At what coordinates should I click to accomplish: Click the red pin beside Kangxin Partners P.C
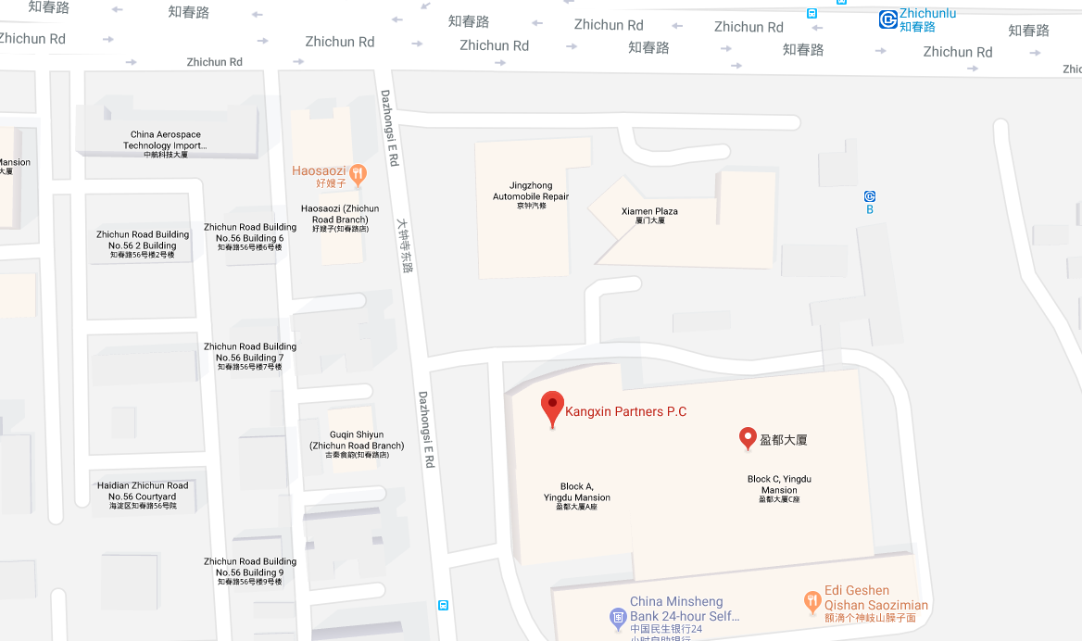tap(552, 408)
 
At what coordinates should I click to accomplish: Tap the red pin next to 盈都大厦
tap(748, 438)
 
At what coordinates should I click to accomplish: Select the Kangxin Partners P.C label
tap(626, 412)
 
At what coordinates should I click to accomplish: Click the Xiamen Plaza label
tap(649, 215)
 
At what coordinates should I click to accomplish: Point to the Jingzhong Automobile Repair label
tap(531, 195)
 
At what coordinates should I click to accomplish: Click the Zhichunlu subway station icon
tap(887, 19)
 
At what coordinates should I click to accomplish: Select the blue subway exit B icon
tap(870, 196)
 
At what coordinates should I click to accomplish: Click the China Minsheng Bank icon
tap(618, 615)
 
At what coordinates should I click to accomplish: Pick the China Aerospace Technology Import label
tap(166, 144)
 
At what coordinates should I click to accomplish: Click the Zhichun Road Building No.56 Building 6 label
tap(250, 236)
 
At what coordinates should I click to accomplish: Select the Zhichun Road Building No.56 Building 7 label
tap(250, 357)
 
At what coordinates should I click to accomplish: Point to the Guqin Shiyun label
tap(357, 444)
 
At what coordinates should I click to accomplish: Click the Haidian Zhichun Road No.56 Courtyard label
tap(143, 495)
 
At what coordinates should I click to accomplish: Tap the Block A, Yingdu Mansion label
tap(577, 496)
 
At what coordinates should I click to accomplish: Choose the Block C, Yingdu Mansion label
tap(779, 488)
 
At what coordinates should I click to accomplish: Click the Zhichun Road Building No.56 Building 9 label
tap(250, 571)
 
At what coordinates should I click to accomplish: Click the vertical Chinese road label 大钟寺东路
tap(404, 243)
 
